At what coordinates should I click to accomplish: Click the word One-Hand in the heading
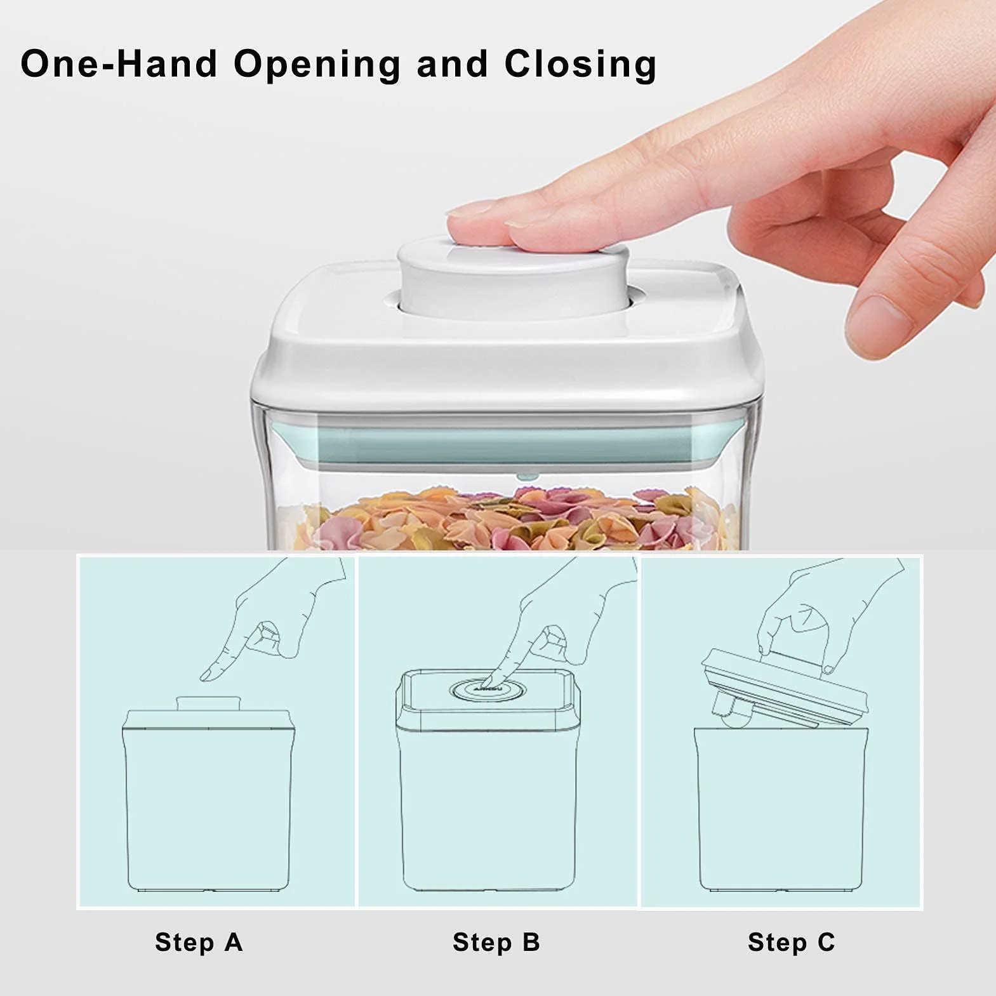119,64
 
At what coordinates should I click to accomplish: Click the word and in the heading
453,64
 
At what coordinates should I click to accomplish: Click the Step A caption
199,942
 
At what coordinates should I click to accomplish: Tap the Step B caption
496,942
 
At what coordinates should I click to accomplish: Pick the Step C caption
791,942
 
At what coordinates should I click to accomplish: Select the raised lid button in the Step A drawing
208,704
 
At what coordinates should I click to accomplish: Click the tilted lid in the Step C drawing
784,687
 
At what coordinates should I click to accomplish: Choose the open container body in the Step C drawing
781,809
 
